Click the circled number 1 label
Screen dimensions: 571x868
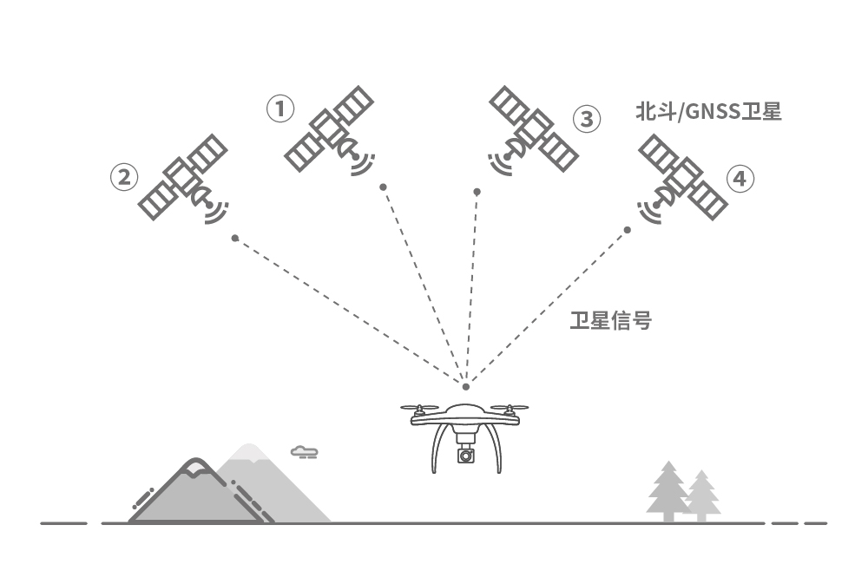pos(279,109)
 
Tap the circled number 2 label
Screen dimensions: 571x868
pos(123,177)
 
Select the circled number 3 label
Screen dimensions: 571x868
pos(587,118)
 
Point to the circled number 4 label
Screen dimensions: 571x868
pos(739,180)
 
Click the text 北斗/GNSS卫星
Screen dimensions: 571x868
pos(708,112)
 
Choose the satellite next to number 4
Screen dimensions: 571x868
pos(684,180)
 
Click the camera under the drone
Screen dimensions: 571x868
pos(466,454)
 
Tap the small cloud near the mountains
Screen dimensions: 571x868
pos(304,451)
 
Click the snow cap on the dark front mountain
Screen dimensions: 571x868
pos(194,469)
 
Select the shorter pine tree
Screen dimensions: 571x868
pos(701,496)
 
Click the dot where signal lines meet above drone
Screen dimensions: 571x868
pos(466,386)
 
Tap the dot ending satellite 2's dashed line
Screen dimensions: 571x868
pos(234,238)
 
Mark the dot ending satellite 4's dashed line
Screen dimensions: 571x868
pos(628,230)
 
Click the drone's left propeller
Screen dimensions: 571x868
pos(420,407)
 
